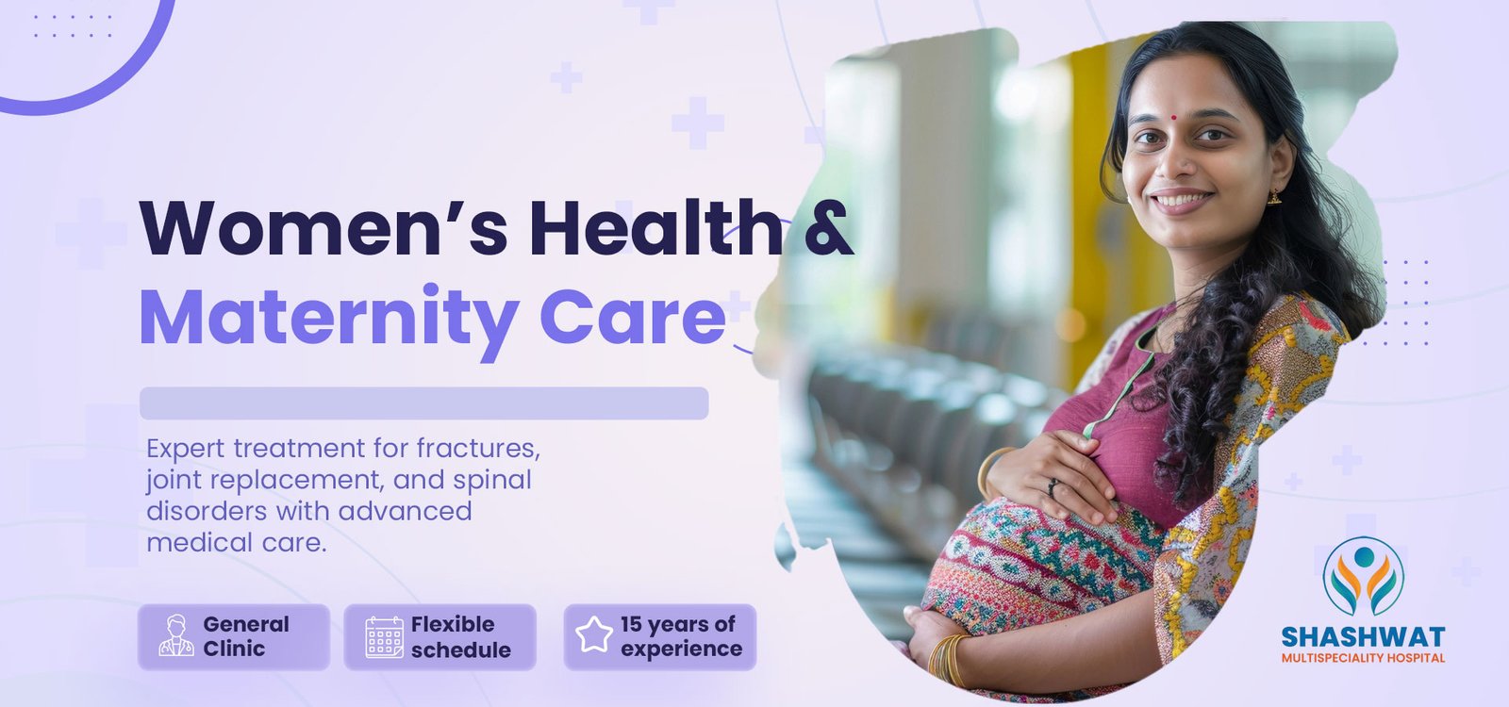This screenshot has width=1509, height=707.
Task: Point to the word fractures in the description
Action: [478, 448]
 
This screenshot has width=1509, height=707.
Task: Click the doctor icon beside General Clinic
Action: [176, 635]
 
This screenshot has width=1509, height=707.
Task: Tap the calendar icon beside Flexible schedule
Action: [385, 637]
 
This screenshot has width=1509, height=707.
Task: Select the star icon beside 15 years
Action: [594, 635]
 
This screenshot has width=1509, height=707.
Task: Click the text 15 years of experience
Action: [681, 636]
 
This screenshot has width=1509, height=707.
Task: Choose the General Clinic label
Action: [246, 636]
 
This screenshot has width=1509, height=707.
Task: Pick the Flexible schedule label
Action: [461, 637]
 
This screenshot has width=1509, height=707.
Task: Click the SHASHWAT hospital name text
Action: [1363, 637]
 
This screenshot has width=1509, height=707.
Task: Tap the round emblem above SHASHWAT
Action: [1364, 576]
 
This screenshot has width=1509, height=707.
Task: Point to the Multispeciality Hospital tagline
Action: [1363, 658]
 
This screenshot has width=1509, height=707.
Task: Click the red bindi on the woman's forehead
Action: [1173, 117]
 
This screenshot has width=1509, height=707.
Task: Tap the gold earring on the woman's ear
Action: [1274, 197]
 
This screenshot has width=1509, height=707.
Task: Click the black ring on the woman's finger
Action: [1052, 487]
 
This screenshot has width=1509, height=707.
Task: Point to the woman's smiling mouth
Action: [1182, 201]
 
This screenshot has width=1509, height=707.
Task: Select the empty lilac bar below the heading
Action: [423, 403]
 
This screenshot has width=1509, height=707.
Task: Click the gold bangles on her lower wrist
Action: [949, 660]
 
